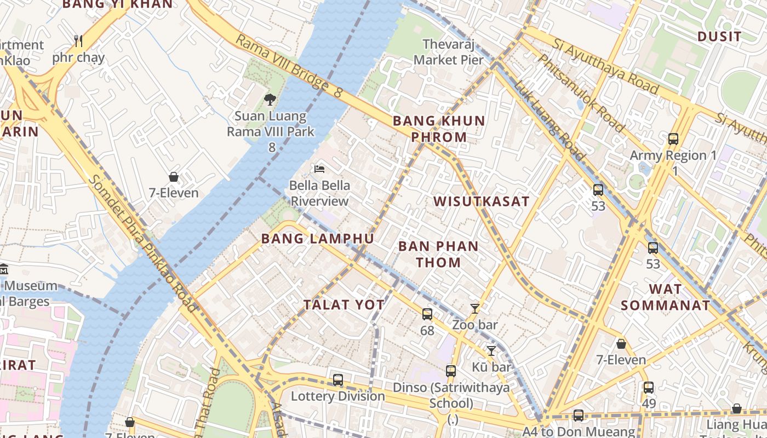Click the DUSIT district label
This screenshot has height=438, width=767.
(719, 37)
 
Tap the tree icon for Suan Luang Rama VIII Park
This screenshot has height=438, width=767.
(270, 99)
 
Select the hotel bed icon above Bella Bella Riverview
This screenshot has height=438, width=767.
(319, 169)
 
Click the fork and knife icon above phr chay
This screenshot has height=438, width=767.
(78, 41)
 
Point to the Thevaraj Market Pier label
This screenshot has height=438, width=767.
(449, 51)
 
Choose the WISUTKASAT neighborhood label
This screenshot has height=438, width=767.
(482, 201)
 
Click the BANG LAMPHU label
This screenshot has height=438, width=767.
(318, 239)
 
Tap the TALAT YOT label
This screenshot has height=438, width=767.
(344, 305)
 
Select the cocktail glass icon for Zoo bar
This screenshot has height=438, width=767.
(475, 309)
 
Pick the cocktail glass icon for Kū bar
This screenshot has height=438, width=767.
(491, 350)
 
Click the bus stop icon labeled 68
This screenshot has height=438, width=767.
(427, 314)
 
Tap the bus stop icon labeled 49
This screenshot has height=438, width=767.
(649, 388)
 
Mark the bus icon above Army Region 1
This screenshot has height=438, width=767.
(673, 139)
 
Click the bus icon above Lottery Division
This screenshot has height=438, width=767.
(338, 379)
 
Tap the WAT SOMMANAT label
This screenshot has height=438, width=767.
(665, 297)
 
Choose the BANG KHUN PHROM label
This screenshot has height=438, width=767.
(439, 129)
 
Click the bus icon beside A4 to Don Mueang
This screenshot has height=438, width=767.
(578, 416)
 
